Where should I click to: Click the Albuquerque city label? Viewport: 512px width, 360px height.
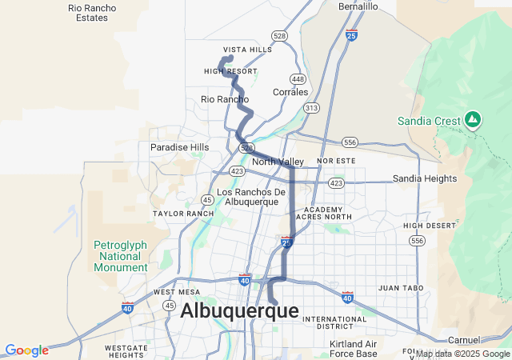(239, 310)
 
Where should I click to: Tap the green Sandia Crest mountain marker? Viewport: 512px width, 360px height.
(473, 120)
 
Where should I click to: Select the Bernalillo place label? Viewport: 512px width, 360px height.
(358, 6)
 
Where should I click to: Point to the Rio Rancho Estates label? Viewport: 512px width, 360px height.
(92, 12)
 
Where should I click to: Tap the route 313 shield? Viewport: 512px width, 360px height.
(311, 107)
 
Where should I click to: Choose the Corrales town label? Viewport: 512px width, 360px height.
(290, 92)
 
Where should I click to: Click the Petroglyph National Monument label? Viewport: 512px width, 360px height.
(121, 255)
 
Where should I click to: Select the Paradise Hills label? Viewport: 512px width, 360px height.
(179, 147)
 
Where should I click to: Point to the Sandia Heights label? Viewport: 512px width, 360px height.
(424, 178)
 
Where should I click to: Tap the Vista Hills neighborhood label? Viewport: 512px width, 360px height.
(247, 50)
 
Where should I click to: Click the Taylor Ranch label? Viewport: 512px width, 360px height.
(183, 214)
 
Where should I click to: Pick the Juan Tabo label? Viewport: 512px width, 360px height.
(400, 287)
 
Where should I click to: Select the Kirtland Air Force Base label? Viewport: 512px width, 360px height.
(353, 349)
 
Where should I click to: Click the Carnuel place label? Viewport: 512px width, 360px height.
(464, 340)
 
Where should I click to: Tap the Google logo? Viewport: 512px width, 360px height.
(26, 350)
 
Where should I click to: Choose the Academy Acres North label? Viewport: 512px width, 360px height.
(323, 213)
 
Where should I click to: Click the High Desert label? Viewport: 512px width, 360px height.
(424, 226)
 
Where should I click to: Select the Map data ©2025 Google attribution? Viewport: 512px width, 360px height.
(462, 354)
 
